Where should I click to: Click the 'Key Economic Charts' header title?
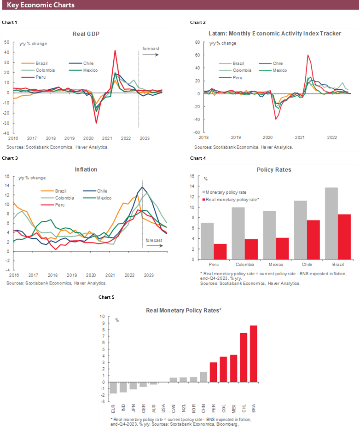[41, 5]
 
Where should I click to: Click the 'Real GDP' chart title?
[86, 34]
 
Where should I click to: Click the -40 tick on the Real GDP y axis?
[7, 133]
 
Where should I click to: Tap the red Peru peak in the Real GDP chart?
[115, 51]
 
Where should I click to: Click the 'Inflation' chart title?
[86, 169]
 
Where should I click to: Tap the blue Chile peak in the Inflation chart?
[143, 187]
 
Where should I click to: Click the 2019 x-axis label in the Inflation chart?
[71, 275]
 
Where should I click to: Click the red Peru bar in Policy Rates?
[221, 251]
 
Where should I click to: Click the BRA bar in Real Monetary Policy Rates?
[253, 353]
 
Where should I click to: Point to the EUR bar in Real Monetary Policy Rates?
[113, 388]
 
